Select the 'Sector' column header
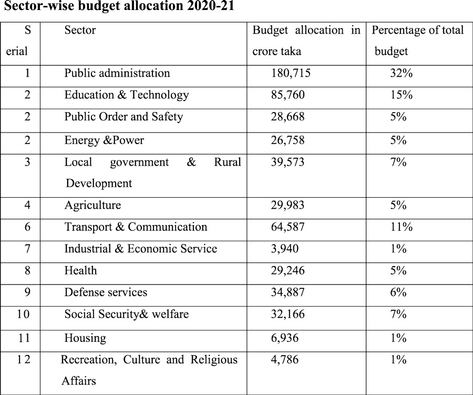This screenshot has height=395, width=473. tap(80, 31)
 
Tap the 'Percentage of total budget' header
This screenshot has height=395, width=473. tap(418, 40)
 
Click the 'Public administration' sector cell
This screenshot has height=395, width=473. tap(117, 73)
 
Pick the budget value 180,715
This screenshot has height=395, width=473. tap(291, 73)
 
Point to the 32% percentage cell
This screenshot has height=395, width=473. tap(401, 73)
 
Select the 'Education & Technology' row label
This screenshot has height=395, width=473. tap(127, 95)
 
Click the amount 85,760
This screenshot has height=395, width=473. tap(288, 95)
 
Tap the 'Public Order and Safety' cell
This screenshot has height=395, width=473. tap(124, 117)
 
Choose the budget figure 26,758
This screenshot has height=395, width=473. tap(288, 140)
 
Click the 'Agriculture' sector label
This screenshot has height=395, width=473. tap(92, 205)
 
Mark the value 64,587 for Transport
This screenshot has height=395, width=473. tap(288, 227)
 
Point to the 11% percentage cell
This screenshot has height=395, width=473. tap(401, 227)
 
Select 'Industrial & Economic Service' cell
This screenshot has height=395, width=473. tap(141, 249)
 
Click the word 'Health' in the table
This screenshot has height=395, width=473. tap(80, 270)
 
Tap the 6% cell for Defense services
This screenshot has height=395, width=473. tap(398, 292)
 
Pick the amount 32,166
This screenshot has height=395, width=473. tap(288, 315)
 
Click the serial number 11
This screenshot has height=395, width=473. tap(24, 338)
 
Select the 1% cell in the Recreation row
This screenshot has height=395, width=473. tap(398, 360)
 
